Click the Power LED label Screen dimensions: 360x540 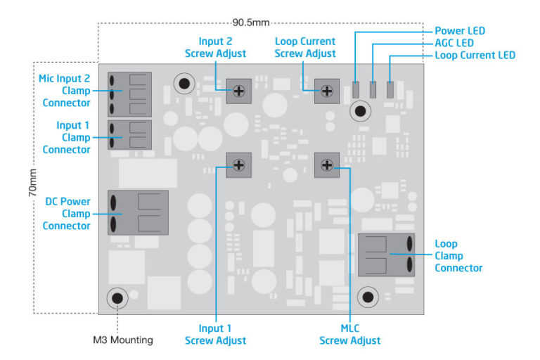(460, 31)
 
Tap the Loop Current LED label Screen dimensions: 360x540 (475, 55)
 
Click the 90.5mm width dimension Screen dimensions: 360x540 (252, 22)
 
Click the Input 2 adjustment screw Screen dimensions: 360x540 (239, 90)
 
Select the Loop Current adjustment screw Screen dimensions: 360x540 (327, 90)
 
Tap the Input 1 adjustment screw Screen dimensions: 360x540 (239, 165)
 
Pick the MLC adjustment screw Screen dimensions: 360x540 (327, 165)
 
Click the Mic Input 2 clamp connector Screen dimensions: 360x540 (129, 93)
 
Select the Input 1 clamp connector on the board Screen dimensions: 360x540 (129, 134)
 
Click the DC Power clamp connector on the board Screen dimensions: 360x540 (137, 213)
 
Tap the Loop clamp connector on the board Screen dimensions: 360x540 (386, 255)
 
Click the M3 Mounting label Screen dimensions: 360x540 (123, 340)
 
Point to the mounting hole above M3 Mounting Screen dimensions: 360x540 (117, 299)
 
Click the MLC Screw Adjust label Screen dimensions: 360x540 (350, 334)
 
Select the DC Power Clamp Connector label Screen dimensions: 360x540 (67, 214)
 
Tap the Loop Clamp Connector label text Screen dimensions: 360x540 (458, 256)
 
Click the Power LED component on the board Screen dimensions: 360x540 (356, 90)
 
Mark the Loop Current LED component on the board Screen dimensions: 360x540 (390, 90)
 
